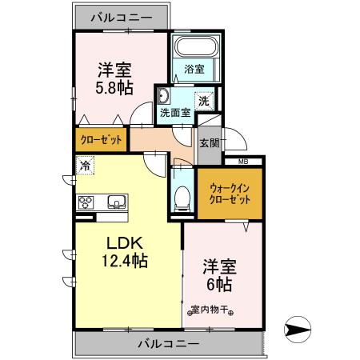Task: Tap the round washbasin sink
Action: click(x=163, y=97)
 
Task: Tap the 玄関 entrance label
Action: click(x=209, y=143)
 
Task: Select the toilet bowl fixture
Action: click(x=182, y=197)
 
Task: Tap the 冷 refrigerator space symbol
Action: click(x=85, y=166)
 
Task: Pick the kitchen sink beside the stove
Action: click(x=113, y=202)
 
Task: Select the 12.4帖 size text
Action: click(x=125, y=261)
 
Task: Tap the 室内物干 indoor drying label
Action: click(x=210, y=310)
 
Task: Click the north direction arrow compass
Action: click(x=298, y=327)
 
